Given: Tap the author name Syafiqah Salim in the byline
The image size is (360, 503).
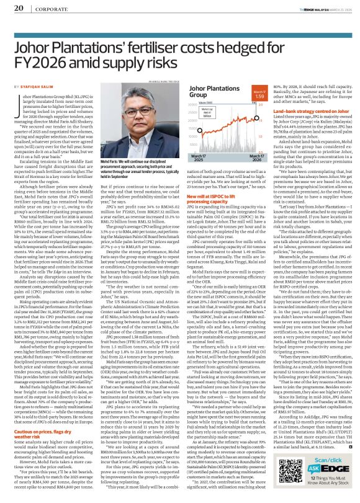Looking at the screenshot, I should click(x=35, y=87).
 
